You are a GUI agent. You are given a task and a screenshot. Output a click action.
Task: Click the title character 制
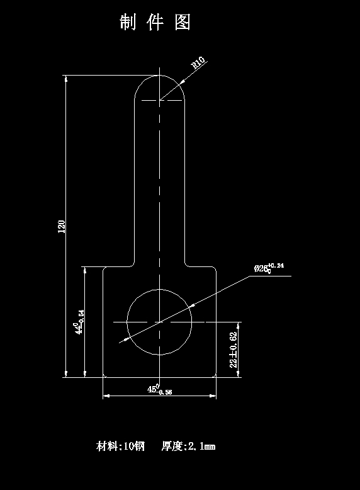[128, 23]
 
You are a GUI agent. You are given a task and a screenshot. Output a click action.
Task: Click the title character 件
[155, 23]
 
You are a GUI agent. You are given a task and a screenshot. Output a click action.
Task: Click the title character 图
[183, 23]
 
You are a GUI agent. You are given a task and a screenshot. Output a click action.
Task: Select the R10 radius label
[198, 63]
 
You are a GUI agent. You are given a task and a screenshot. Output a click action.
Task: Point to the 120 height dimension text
[62, 227]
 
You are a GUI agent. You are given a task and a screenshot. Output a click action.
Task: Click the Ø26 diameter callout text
[262, 268]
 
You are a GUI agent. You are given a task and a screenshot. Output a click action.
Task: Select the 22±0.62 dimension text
[233, 350]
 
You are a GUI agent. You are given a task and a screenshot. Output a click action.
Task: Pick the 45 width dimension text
[153, 389]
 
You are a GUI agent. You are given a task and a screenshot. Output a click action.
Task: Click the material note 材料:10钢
[120, 447]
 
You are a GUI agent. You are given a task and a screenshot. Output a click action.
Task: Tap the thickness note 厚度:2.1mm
[188, 447]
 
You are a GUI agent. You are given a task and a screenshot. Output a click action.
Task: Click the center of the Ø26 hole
[159, 322]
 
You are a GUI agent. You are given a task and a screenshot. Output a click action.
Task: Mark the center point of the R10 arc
[159, 100]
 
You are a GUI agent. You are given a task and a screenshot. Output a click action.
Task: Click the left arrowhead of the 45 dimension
[106, 396]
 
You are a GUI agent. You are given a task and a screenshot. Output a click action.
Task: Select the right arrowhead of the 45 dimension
[213, 396]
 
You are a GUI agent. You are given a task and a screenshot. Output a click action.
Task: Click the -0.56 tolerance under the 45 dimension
[165, 392]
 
